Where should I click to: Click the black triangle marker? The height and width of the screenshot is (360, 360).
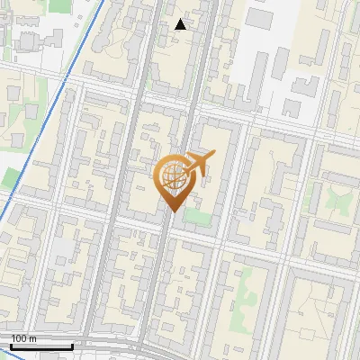click(x=181, y=24)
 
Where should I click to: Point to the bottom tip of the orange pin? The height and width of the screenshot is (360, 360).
click(x=172, y=211)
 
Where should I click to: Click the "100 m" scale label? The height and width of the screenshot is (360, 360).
click(x=23, y=338)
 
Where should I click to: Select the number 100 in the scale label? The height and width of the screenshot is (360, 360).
click(x=19, y=338)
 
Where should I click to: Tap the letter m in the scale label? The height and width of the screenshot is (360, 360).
click(x=33, y=338)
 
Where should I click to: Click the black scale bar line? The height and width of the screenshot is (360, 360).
click(x=41, y=346)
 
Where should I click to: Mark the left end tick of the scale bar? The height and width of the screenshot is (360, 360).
click(x=11, y=345)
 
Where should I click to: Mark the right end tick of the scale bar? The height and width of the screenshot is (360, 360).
click(x=72, y=345)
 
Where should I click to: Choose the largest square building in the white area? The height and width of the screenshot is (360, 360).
click(x=261, y=18)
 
